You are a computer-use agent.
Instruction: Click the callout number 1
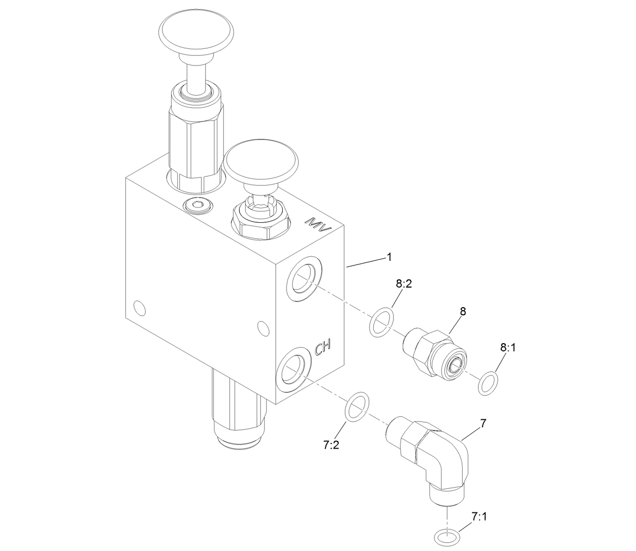coord(389,257)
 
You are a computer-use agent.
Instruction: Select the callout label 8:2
coord(404,283)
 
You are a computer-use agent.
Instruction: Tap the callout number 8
coord(463,311)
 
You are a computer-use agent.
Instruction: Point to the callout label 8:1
coord(507,347)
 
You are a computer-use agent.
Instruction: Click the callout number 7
coord(483,423)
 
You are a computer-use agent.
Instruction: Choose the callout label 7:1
coord(479,516)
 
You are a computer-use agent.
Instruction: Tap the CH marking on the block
coord(323,348)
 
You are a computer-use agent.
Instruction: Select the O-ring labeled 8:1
coord(488,384)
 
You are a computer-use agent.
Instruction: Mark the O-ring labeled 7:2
coord(357,406)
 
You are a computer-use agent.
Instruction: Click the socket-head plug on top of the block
coord(197,205)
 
